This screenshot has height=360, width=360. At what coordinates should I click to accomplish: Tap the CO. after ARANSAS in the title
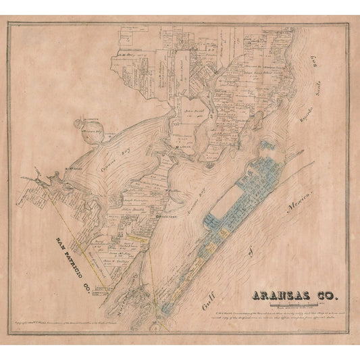click(329, 296)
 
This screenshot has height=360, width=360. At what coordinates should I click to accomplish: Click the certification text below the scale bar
click(297, 312)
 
